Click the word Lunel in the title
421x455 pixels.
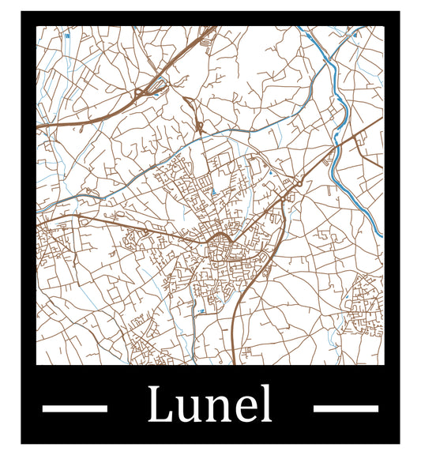pos(210,405)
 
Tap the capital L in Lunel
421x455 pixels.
pos(160,405)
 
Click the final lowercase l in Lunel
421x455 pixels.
pos(267,404)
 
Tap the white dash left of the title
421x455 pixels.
pos(74,408)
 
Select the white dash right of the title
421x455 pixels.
pos(345,408)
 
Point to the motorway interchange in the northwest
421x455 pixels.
pos(146,92)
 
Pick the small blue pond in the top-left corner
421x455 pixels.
pos(67,36)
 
